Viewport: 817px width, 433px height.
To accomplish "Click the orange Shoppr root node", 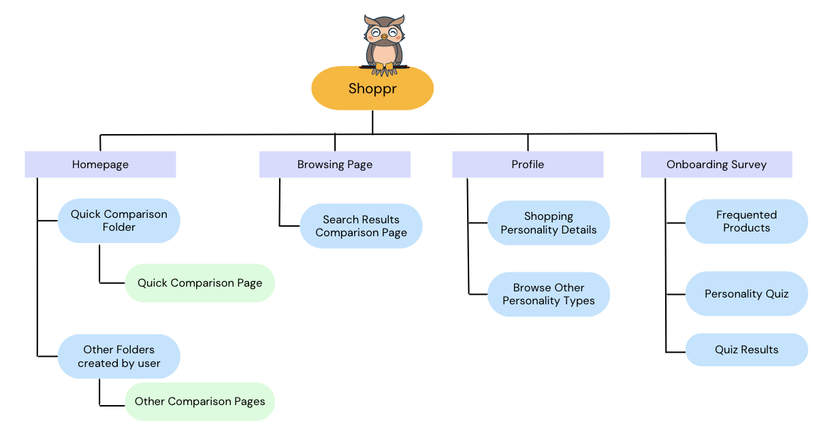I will point(372,88).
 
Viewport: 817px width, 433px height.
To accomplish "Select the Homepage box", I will point(100,164).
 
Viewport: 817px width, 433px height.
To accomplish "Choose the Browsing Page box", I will point(334,164).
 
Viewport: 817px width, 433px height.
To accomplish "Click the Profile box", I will point(528,164).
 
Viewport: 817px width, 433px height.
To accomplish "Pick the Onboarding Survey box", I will point(716,164).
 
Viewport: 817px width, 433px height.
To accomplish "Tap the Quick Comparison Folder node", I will point(118,221).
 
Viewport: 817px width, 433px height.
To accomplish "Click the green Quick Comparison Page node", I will point(199,283).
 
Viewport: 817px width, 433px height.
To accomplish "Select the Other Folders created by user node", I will point(118,356).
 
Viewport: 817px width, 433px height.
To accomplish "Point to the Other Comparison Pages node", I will point(199,401).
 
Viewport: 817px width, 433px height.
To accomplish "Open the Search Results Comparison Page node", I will point(361,226).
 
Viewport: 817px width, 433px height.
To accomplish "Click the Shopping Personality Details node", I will point(548,223).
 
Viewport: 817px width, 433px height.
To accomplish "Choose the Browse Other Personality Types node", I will point(548,294).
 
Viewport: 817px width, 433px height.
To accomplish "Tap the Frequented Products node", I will point(746,221).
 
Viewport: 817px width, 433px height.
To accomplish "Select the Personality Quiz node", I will point(746,294).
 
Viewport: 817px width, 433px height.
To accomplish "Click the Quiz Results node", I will point(746,349).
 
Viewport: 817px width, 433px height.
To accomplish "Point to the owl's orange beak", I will point(384,36).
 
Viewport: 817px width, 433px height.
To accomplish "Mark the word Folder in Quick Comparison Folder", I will point(119,227).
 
